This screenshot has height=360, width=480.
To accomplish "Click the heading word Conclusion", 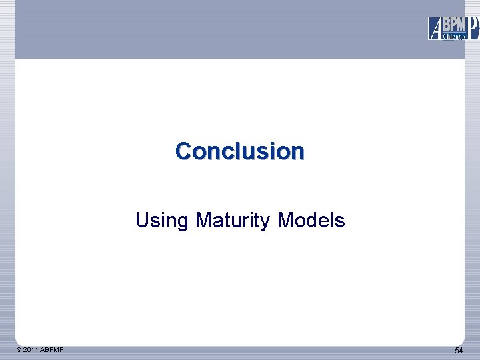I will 239,151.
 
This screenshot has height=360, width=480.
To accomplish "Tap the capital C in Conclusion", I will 183,151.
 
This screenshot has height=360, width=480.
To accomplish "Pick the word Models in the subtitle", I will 311,220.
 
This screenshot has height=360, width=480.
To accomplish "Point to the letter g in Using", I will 183,222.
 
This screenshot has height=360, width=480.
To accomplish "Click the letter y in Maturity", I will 266,222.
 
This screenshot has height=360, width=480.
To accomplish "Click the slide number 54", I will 459,351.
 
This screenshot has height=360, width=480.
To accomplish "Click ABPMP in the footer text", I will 52,350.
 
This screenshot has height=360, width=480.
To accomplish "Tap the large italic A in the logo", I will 435,29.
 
